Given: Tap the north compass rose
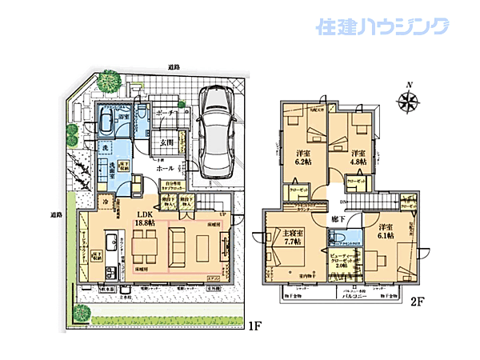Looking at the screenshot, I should [x=409, y=101].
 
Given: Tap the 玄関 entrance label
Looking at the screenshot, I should [x=165, y=144].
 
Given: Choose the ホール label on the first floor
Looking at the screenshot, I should [x=166, y=169].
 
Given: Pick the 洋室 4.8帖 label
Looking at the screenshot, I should [x=358, y=157].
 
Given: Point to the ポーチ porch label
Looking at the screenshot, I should [x=166, y=114].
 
